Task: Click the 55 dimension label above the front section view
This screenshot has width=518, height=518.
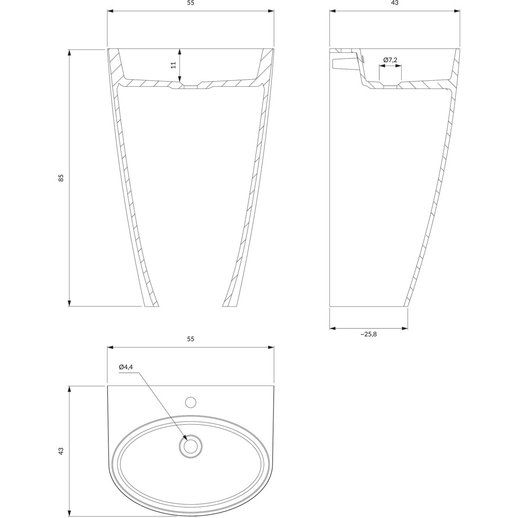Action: tap(190, 3)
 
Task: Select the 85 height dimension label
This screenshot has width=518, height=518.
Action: tap(61, 178)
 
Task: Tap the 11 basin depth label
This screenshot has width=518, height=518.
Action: tap(174, 65)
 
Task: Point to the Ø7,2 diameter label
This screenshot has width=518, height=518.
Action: tap(390, 60)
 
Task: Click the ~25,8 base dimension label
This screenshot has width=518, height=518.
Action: tap(369, 334)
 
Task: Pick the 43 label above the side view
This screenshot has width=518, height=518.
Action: tap(395, 3)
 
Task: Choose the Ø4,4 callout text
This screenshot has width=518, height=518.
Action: tap(126, 367)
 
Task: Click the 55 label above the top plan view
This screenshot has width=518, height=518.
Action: tap(190, 339)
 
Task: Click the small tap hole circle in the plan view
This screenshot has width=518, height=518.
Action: tap(191, 402)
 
